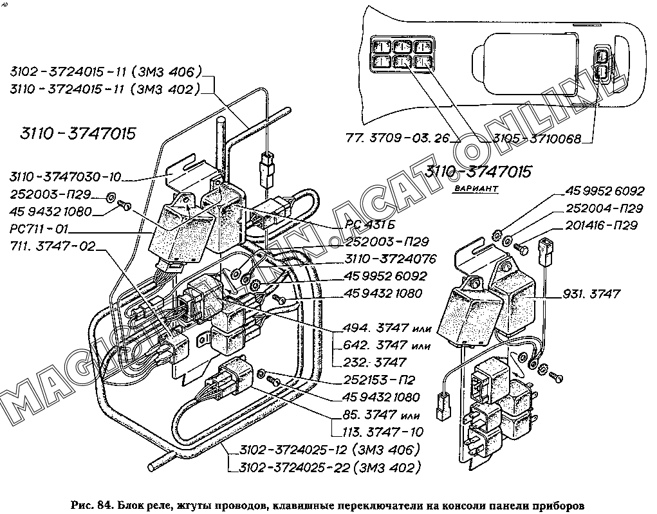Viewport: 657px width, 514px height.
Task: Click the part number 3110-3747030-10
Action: [65, 178]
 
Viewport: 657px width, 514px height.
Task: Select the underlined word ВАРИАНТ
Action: [476, 189]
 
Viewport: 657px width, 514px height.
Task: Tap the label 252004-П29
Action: [604, 208]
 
